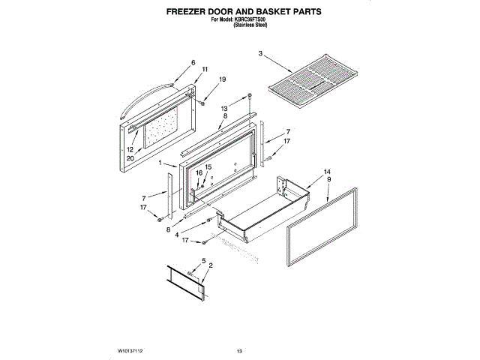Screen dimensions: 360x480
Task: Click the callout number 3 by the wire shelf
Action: pos(260,54)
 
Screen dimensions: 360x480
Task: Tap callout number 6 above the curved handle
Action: pos(193,63)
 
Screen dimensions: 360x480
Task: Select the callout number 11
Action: pos(204,70)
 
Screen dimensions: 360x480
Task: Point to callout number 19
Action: pos(222,79)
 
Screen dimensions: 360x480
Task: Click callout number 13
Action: pos(223,109)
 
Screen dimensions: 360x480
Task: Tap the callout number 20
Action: pos(130,158)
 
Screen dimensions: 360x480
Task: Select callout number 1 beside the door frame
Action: pos(160,163)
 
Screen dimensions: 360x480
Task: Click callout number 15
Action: pos(208,167)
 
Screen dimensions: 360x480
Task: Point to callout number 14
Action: pos(327,172)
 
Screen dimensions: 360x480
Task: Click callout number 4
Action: pos(176,235)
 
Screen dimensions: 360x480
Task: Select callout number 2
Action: pos(211,265)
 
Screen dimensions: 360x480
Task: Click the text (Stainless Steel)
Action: pos(250,25)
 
